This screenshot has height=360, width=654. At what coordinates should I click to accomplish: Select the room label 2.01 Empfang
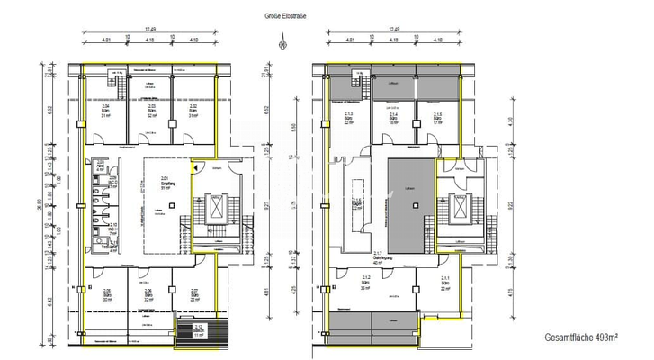165,183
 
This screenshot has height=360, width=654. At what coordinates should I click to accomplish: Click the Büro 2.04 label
105,111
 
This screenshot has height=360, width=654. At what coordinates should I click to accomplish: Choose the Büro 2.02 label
193,111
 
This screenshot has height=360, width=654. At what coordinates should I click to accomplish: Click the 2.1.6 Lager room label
355,203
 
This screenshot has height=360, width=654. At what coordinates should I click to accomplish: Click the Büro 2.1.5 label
438,119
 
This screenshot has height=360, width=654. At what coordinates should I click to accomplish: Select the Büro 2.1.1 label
445,282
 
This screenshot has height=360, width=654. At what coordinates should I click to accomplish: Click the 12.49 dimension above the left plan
140,30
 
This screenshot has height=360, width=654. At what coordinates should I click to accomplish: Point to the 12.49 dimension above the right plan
393,30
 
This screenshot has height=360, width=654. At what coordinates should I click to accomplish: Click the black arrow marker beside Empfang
193,166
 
